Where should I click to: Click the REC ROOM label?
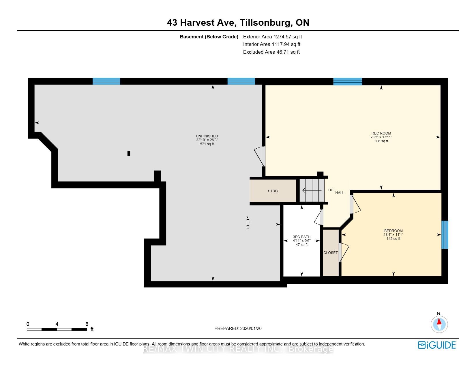pos(381,133)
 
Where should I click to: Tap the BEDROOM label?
pos(393,231)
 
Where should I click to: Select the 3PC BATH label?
pos(301,237)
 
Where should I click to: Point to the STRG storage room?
pos(273,191)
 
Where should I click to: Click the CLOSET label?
pos(330,253)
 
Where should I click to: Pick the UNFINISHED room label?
pos(207,136)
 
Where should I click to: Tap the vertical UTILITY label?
pos(248,223)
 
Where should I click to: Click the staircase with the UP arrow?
pos(312,190)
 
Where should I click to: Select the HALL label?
pos(340,193)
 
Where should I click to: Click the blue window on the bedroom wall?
pos(445,235)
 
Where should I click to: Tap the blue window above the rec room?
pos(347,81)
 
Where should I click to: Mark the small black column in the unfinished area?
pos(129,154)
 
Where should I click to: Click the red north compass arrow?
pos(439,322)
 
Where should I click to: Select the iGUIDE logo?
pos(436,345)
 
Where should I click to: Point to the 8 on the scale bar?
pos(87,324)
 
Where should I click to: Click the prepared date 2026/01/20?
pos(251,328)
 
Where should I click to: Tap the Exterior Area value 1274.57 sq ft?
pos(287,37)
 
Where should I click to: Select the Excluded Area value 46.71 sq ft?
pos(288,52)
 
